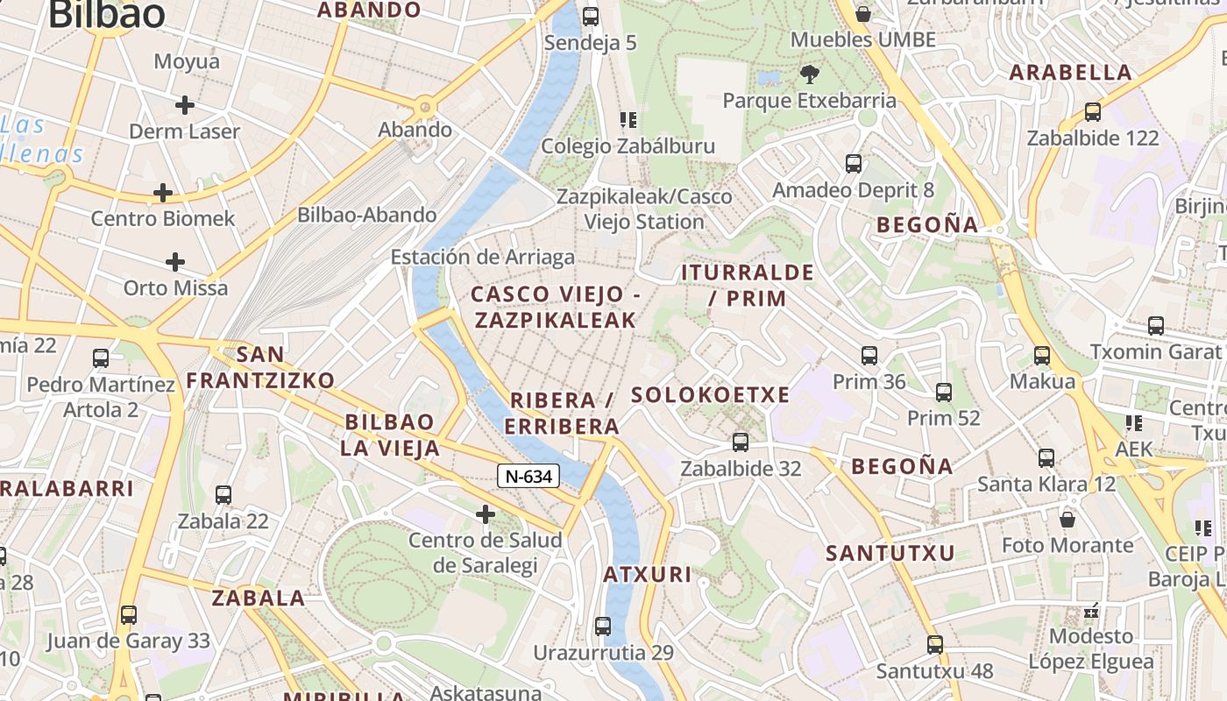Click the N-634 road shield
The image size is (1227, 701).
pos(528,477)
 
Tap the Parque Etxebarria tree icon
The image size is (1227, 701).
pos(809,74)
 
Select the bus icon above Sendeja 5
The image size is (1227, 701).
pos(591,16)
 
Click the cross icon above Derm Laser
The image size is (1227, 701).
pos(184,105)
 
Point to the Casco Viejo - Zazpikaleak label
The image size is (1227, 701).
pos(556,307)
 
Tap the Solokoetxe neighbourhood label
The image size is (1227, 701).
pos(711,395)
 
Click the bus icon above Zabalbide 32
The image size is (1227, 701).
pos(741,443)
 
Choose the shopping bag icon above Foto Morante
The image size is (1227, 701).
pos(1067,520)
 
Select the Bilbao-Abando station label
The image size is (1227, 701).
pos(366,215)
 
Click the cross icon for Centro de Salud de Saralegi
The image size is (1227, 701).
pos(485,513)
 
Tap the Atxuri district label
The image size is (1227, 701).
pos(648,575)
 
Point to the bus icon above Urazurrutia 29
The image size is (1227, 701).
pos(603,627)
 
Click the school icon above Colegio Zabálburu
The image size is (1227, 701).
pos(628,120)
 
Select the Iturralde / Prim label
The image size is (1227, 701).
pos(748,285)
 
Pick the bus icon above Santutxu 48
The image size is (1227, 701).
pos(935,645)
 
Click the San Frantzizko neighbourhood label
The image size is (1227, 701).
pos(260,367)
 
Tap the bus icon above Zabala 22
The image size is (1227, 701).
pos(223,495)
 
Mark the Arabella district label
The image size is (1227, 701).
pos(1070,73)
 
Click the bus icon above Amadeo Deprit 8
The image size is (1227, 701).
pos(853,164)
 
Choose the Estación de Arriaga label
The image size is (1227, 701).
pos(483,257)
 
